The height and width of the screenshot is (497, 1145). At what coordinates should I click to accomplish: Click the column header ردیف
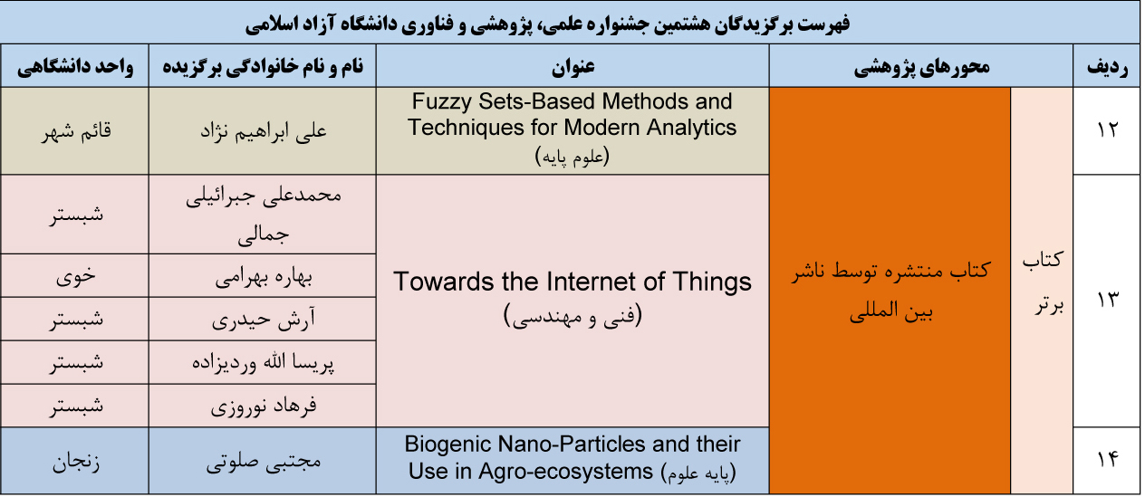1107,67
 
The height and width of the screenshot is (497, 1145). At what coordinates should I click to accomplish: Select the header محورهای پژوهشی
921,67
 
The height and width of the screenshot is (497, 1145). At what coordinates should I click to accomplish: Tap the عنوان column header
573,67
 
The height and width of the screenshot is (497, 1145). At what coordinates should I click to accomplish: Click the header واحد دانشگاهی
75,67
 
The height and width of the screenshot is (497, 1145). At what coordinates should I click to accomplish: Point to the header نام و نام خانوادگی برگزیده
263,67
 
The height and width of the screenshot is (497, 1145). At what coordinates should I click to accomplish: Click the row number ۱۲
1107,129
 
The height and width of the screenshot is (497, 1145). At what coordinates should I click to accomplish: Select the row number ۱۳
1107,300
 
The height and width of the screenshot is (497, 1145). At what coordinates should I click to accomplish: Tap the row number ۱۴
1107,459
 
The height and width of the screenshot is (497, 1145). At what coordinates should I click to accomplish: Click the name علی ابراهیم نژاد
264,131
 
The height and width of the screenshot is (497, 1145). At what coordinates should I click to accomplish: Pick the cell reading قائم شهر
76,131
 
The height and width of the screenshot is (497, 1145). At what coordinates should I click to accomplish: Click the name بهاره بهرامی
264,277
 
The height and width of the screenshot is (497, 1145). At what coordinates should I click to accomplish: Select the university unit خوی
76,276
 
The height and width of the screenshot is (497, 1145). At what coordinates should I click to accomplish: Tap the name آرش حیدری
264,320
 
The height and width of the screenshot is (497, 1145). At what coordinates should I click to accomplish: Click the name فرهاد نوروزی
264,406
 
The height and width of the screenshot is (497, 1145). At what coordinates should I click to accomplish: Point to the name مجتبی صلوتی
264,462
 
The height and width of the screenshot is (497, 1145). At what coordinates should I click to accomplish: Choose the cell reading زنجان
76,463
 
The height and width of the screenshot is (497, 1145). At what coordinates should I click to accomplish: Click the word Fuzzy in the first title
442,102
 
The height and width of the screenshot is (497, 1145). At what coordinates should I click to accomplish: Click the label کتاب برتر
1043,282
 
